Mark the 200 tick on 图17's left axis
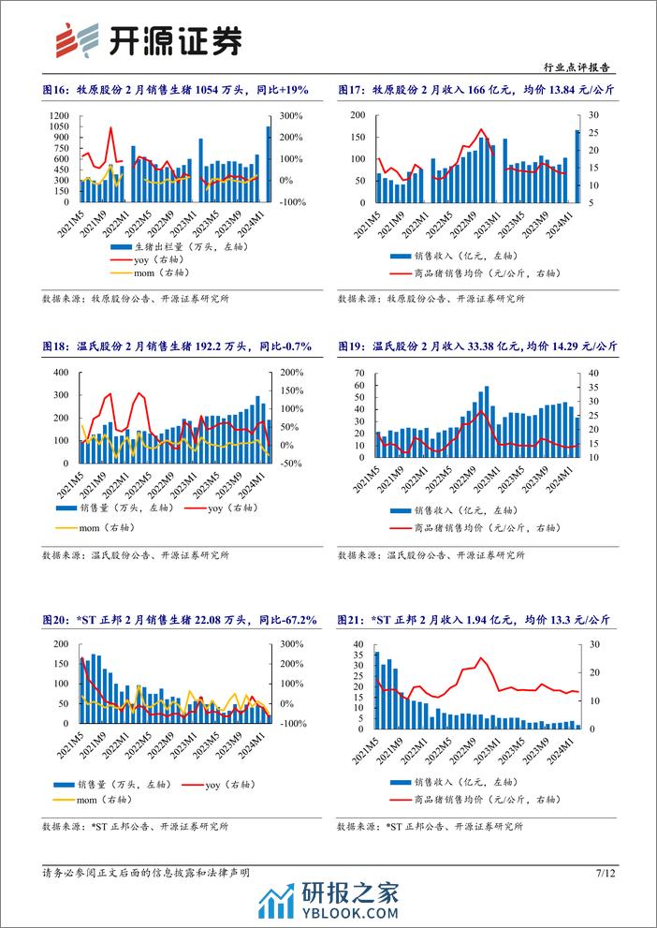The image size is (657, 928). [358, 115]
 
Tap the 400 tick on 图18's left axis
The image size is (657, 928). [61, 373]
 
